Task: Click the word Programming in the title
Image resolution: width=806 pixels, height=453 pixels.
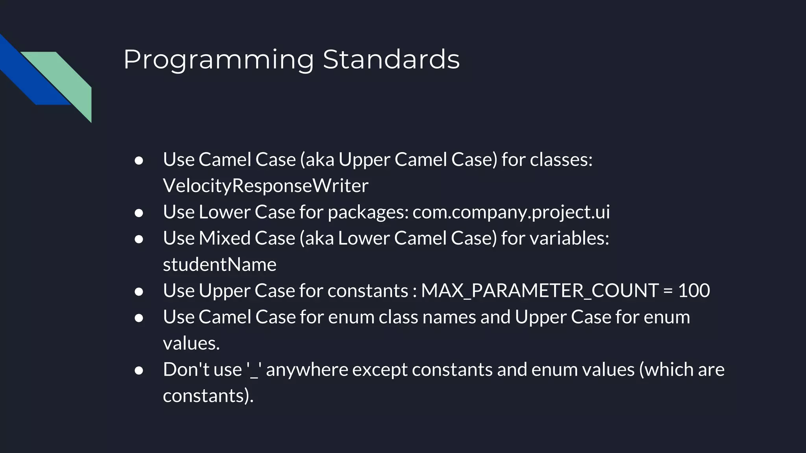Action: (218, 60)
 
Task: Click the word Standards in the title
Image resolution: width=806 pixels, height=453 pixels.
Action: (391, 60)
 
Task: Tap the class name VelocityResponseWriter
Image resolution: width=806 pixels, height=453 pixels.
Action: (266, 186)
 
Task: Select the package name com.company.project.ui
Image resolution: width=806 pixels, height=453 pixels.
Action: (511, 212)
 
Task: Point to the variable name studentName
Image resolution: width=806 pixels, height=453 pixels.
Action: (220, 265)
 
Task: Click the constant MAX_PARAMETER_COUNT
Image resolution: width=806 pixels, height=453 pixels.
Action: (540, 291)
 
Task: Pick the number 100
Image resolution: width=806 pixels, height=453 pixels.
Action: (694, 291)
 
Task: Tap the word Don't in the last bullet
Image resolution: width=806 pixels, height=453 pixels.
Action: (183, 370)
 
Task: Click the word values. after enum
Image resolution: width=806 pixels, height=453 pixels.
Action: (191, 343)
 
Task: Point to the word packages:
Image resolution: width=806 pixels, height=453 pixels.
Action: (368, 212)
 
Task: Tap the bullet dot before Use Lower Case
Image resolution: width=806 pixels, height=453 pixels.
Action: (139, 213)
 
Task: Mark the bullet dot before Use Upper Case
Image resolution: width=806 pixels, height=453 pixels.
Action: (139, 292)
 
